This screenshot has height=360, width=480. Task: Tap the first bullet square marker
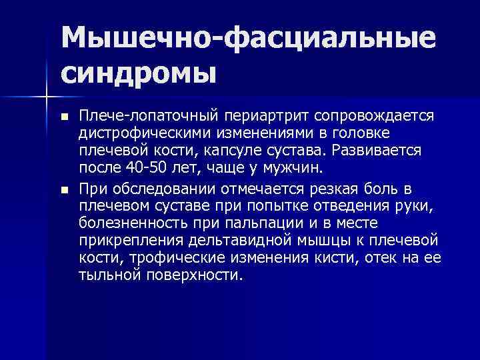[x=64, y=117]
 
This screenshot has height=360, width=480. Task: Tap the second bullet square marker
[x=64, y=190]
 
